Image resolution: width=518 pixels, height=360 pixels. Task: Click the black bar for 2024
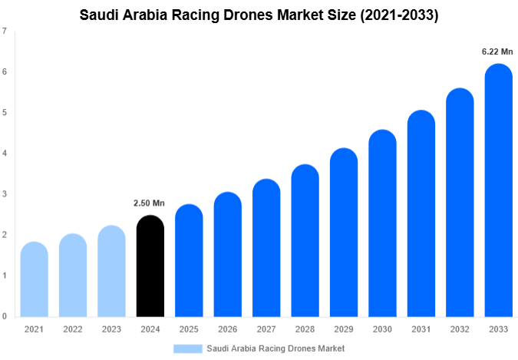150,266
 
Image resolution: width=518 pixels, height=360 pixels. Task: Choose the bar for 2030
382,223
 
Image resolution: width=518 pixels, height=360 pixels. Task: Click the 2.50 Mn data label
150,203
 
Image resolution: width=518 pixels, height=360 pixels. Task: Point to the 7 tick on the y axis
5,31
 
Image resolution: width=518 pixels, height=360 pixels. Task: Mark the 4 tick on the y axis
5,154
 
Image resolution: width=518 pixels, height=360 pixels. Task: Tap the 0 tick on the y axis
5,316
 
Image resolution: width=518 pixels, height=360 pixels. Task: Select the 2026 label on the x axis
227,329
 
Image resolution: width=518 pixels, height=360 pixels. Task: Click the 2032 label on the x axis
460,329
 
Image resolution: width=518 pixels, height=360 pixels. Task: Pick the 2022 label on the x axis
72,329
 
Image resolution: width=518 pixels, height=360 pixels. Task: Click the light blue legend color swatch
188,348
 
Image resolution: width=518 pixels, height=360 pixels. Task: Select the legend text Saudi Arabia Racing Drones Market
275,348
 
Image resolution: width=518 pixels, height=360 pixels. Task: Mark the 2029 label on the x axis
343,329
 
